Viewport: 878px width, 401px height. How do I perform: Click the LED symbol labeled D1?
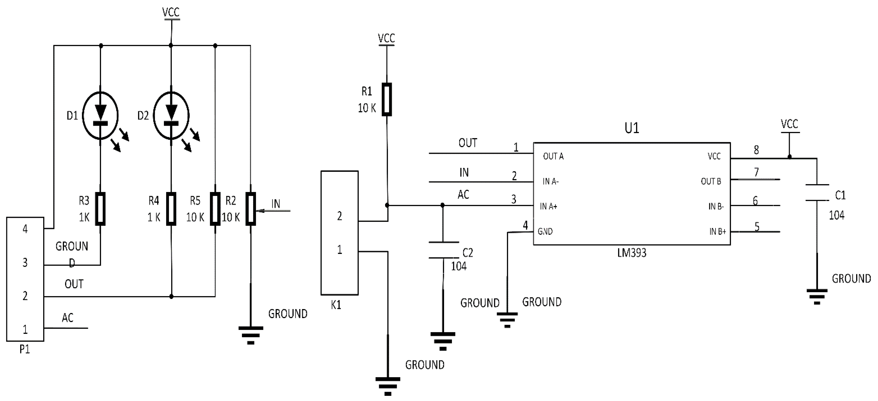click(x=101, y=116)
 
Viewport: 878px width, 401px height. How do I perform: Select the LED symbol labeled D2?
click(x=171, y=116)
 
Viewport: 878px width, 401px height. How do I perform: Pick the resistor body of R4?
click(x=171, y=209)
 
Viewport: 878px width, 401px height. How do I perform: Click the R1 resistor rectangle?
click(x=387, y=99)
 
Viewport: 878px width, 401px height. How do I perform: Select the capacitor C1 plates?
click(x=817, y=192)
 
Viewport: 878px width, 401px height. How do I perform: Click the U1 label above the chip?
click(x=632, y=128)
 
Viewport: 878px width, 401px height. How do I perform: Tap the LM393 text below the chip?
click(x=632, y=253)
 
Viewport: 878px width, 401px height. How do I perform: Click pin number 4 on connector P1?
click(x=25, y=229)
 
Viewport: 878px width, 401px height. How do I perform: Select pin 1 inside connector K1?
click(x=340, y=250)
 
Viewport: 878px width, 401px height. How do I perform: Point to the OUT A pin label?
click(x=553, y=156)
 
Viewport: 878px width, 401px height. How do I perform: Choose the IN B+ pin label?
click(x=717, y=232)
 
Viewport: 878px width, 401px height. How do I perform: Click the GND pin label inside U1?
click(x=545, y=231)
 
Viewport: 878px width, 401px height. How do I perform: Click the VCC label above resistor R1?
click(x=387, y=38)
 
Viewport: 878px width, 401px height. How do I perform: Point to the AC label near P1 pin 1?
click(x=67, y=318)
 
